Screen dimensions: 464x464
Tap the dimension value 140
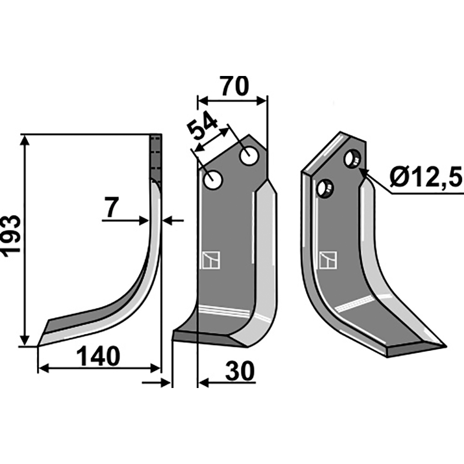99,356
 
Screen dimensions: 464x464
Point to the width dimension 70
234,86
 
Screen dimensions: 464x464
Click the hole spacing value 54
203,126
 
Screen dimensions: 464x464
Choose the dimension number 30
240,371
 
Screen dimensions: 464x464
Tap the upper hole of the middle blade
249,156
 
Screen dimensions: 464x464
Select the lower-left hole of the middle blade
213,180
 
